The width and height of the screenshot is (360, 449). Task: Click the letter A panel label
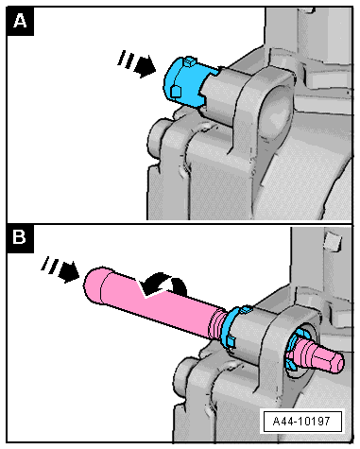(20, 22)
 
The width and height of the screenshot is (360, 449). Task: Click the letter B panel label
(20, 238)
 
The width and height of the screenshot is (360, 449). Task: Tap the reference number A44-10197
(301, 421)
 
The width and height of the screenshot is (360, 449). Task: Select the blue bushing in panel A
(187, 81)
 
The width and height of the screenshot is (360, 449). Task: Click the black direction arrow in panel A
(145, 67)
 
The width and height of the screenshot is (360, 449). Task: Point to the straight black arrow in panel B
(68, 271)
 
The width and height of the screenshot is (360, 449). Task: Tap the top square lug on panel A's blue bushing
(189, 61)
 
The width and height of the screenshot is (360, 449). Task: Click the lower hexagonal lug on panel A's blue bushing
(176, 92)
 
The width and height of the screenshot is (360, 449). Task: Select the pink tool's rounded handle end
(94, 285)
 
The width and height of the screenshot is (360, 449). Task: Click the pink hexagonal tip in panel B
(329, 358)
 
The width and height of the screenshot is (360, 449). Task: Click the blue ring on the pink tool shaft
(233, 328)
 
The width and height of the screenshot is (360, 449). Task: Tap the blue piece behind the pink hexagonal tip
(293, 350)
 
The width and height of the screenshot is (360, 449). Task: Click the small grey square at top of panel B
(333, 240)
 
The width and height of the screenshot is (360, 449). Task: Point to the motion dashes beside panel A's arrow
(126, 59)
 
